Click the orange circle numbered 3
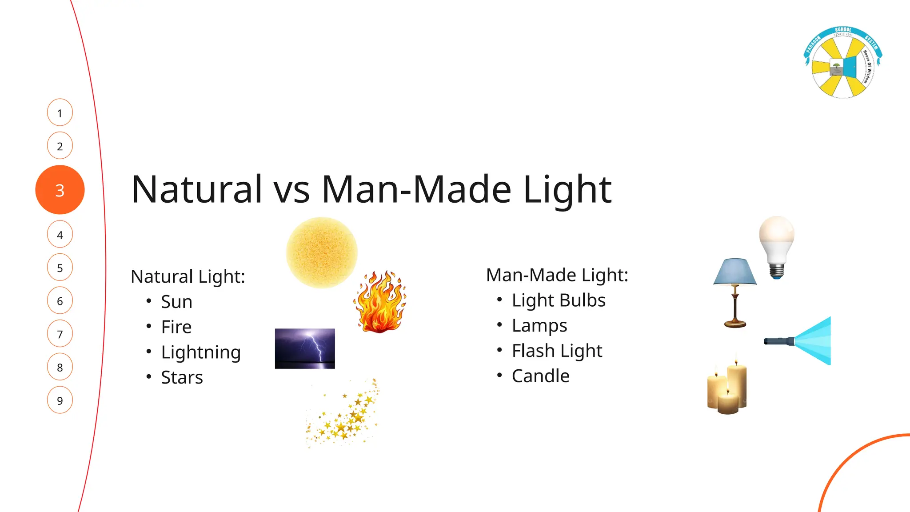(x=60, y=190)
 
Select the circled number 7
(x=60, y=334)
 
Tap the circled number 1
(x=60, y=113)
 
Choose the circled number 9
(x=60, y=400)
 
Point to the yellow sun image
(x=322, y=252)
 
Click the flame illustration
(x=380, y=302)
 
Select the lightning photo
(x=305, y=348)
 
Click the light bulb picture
(x=777, y=244)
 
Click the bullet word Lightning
(x=201, y=352)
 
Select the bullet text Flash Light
(x=557, y=351)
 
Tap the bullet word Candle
(x=540, y=376)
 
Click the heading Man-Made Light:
(x=557, y=275)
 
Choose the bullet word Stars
(x=182, y=378)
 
